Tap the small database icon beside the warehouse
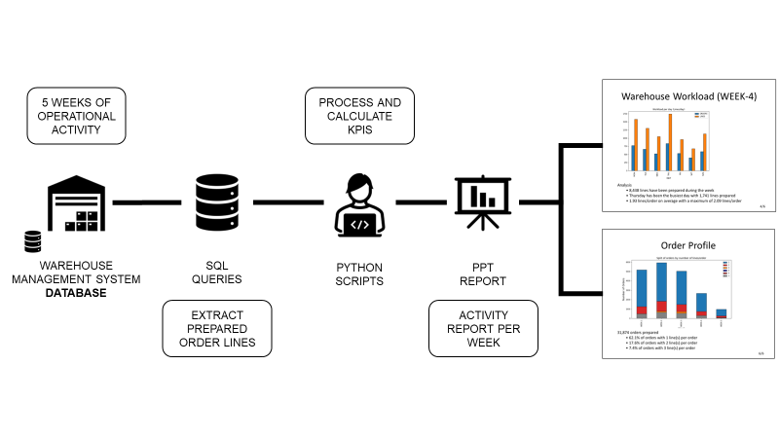click(x=33, y=241)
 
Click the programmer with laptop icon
click(x=359, y=205)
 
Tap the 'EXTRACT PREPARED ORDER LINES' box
click(x=217, y=328)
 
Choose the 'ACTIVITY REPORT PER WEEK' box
click(x=483, y=328)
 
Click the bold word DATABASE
click(x=76, y=293)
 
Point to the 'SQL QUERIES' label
click(x=218, y=273)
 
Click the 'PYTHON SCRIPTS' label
click(x=359, y=273)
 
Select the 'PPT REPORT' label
click(x=483, y=273)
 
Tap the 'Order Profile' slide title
click(x=687, y=246)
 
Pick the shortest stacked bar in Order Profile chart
click(x=721, y=313)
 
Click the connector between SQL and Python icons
click(x=289, y=202)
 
